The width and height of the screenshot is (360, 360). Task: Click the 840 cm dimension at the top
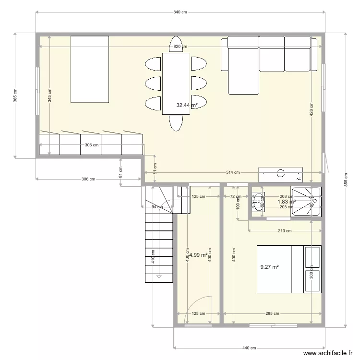click(x=180, y=12)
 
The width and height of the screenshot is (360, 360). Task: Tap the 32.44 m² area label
click(x=187, y=105)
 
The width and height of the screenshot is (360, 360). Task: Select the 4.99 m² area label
click(x=198, y=255)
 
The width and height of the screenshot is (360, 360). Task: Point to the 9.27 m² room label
click(x=270, y=267)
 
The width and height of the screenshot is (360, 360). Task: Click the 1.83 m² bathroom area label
click(x=286, y=202)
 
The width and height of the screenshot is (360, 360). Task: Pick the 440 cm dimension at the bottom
click(x=250, y=348)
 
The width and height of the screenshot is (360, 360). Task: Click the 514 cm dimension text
click(x=233, y=172)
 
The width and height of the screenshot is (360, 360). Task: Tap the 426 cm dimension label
click(x=312, y=110)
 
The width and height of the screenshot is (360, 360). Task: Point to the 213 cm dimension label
click(x=285, y=231)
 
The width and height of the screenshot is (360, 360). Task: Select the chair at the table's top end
click(x=176, y=44)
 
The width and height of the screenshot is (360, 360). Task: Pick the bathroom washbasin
click(x=258, y=201)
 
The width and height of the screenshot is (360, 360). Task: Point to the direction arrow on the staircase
click(x=159, y=276)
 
